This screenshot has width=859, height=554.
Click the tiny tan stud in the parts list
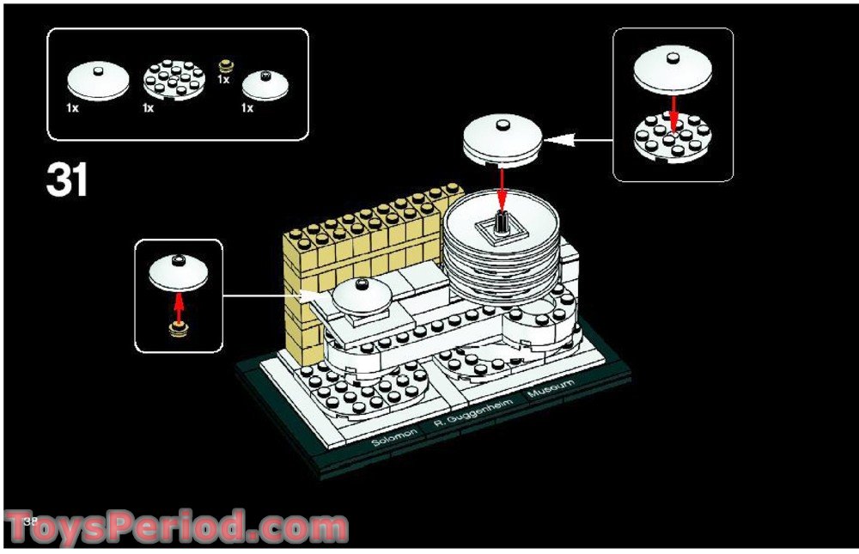coord(226,65)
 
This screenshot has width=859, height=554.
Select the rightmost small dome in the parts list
coord(263,85)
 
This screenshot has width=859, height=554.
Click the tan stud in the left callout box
coord(179,328)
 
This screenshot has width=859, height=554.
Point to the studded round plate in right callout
coord(674,138)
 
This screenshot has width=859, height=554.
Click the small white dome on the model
coord(362,295)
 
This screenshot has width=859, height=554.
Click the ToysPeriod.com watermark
coord(176,526)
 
